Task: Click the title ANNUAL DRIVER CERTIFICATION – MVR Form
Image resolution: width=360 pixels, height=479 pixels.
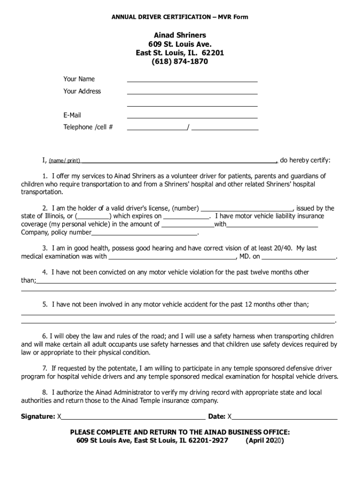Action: tap(180, 17)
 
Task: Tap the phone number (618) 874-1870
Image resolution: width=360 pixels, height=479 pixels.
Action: tap(180, 61)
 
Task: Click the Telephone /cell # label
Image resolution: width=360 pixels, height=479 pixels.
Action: tap(88, 127)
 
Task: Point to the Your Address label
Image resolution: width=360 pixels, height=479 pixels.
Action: tap(82, 91)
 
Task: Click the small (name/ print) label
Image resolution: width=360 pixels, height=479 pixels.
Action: tap(65, 161)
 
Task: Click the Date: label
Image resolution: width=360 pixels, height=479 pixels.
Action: tap(217, 416)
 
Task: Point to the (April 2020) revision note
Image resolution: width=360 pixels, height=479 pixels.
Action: tap(265, 441)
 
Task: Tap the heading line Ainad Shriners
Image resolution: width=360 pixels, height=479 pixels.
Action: tap(180, 36)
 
